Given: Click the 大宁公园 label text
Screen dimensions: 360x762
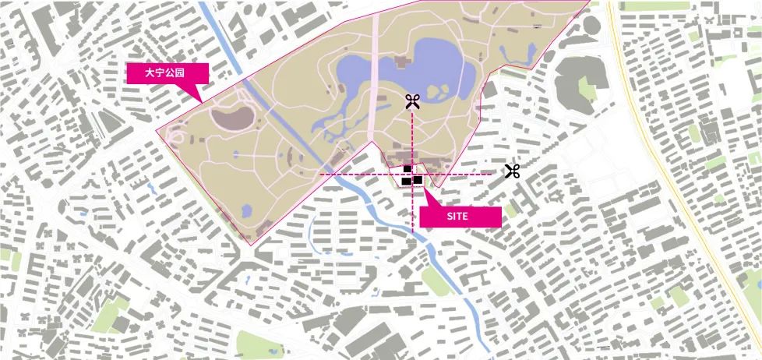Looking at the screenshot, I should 167,73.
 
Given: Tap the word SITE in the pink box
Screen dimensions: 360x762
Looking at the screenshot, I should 458,217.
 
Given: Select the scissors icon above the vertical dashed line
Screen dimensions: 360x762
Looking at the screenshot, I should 412,101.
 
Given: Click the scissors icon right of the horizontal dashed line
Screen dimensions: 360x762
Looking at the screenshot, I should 511,171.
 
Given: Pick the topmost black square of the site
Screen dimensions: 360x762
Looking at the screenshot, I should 407,169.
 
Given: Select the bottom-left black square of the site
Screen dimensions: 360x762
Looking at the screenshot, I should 406,182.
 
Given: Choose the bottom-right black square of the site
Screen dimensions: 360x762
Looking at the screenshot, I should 418,180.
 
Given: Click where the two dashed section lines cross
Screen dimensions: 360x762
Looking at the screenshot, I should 412,175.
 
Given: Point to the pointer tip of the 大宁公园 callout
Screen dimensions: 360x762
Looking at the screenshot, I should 201,102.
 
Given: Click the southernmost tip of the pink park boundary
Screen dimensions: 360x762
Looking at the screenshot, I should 249,246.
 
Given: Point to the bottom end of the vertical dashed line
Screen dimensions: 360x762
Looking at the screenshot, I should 412,231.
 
